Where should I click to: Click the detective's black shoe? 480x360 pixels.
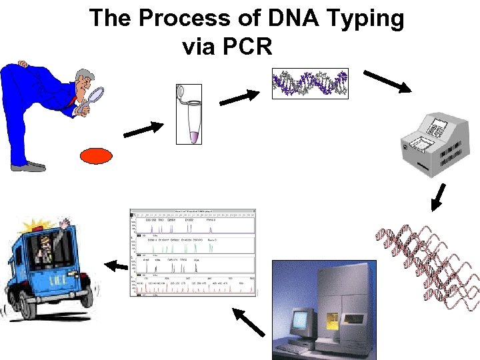click(x=27, y=167)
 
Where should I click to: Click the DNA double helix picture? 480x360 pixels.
click(x=310, y=84)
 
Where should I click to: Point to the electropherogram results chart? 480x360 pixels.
click(x=193, y=253)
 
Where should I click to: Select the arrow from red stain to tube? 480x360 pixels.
click(x=143, y=129)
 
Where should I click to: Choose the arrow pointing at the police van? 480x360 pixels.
click(x=116, y=266)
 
